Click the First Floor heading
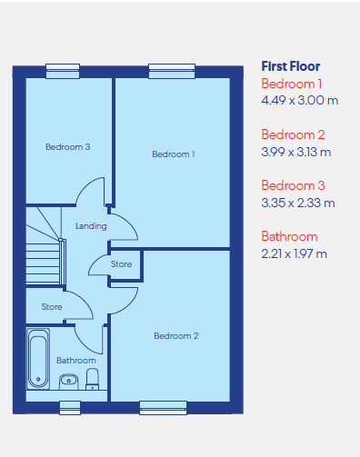pos(291,66)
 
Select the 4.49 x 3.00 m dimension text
pos(300,100)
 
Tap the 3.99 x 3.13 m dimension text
pos(296,152)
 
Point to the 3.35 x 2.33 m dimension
pos(298,203)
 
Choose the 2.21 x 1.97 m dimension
pos(295,253)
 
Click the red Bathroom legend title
pos(289,236)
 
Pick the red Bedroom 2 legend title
pos(293,134)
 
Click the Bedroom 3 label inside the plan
pos(67,147)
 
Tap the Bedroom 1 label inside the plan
pos(174,154)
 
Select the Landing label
pos(91,226)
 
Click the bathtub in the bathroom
pos(38,359)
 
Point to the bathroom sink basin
pos(69,382)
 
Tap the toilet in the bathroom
pos(92,379)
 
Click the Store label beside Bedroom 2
pos(121,264)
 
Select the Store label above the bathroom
pos(52,307)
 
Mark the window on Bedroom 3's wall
pos(63,71)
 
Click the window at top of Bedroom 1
pos(172,71)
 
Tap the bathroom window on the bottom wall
pos(70,408)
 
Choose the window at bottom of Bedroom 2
pos(163,408)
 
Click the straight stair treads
pos(43,263)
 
